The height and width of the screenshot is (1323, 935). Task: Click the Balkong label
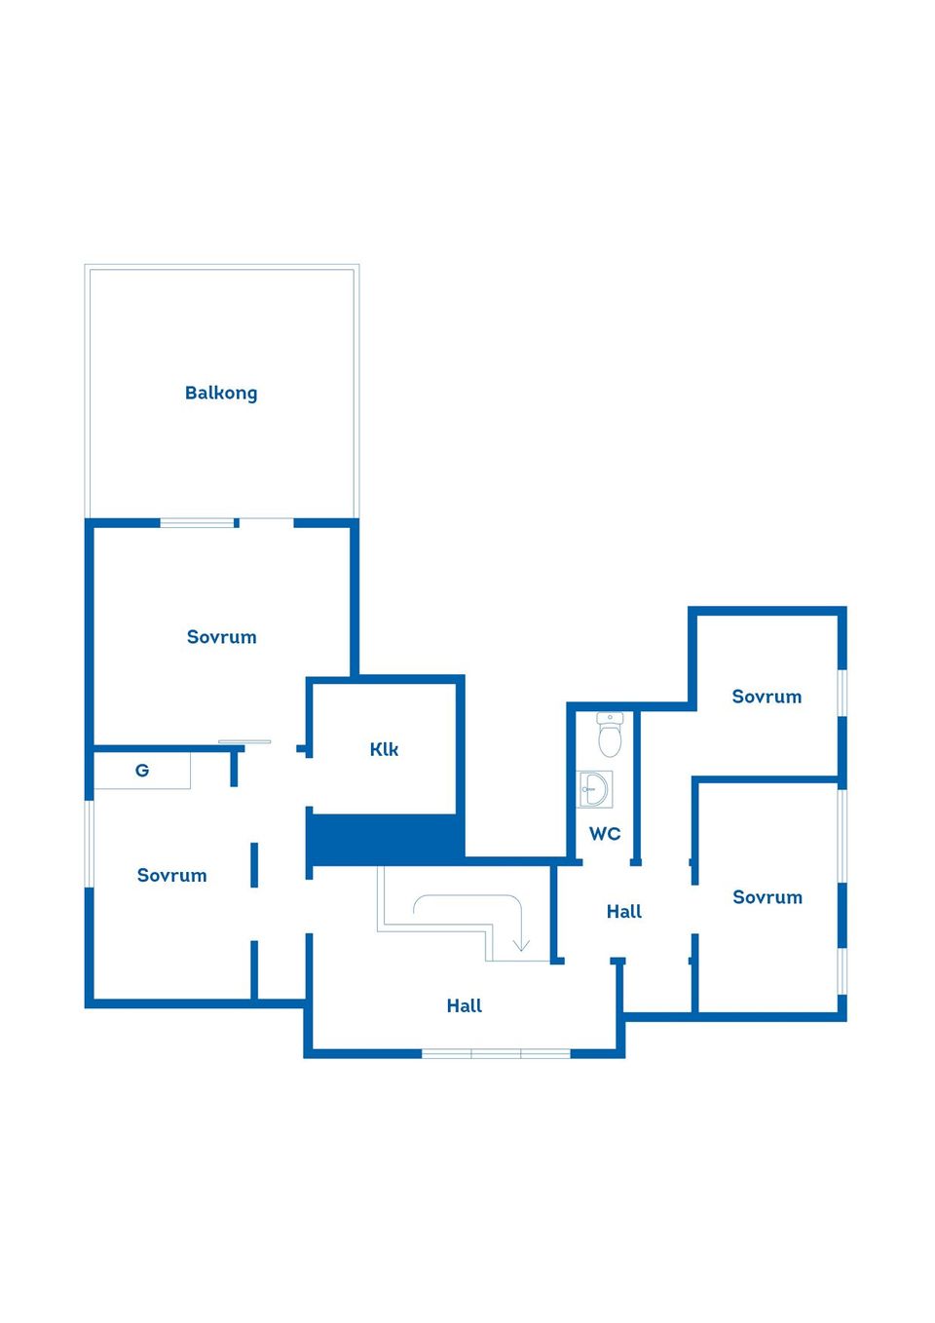221,394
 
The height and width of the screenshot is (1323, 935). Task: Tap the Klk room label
384,749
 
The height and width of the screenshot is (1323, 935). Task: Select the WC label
605,834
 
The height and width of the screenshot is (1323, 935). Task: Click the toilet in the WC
610,735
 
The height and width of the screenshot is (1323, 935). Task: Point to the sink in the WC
594,789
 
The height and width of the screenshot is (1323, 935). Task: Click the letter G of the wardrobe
142,771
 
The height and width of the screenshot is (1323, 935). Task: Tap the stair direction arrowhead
521,944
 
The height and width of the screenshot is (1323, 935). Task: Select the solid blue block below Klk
385,839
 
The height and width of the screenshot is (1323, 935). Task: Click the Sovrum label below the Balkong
221,637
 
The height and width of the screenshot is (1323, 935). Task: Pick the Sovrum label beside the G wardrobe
171,876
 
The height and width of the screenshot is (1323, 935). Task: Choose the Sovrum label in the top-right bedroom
767,697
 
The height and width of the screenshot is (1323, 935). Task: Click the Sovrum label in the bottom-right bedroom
767,897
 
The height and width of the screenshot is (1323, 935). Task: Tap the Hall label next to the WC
623,912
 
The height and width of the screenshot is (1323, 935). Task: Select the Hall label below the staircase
465,1006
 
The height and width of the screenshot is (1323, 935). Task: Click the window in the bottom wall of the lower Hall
496,1053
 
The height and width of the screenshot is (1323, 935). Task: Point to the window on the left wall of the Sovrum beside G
90,844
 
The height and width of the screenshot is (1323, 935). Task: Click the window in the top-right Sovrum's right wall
842,693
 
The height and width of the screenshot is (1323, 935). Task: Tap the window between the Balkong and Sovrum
198,523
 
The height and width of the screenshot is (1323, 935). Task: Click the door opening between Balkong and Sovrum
266,523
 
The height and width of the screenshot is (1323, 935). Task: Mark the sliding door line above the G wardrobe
244,742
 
